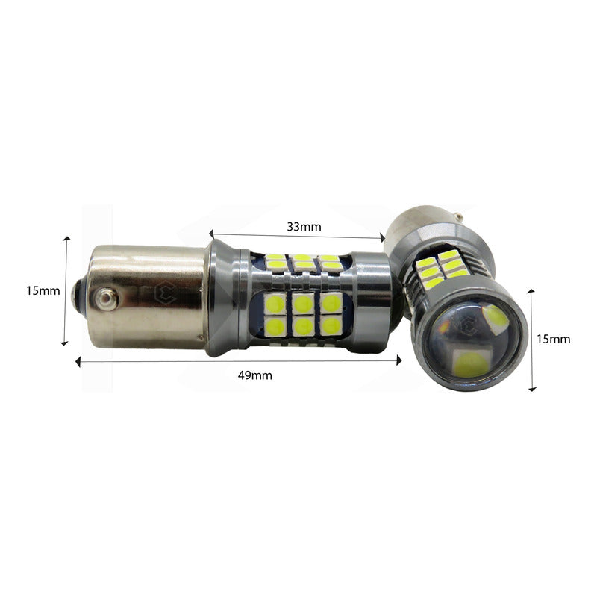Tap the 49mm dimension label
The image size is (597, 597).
click(255, 375)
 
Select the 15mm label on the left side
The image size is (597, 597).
click(43, 291)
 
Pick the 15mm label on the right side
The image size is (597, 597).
click(554, 339)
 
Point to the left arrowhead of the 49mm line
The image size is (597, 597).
click(78, 362)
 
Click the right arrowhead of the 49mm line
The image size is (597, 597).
click(399, 360)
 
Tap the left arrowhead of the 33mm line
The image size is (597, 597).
click(211, 234)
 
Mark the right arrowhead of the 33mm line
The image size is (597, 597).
click(382, 238)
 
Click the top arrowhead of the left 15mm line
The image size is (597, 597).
click(67, 239)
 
